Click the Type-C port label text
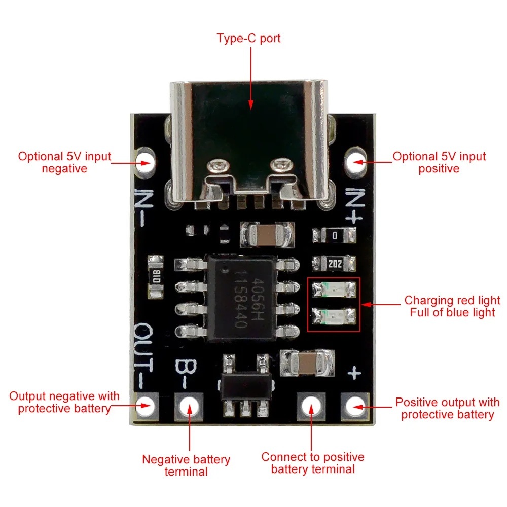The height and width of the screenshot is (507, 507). [x=248, y=38]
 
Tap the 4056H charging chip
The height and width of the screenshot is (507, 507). [x=241, y=298]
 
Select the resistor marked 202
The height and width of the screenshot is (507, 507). [x=334, y=264]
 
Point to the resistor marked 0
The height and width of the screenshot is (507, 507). [x=334, y=235]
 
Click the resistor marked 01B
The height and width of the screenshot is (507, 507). [x=156, y=276]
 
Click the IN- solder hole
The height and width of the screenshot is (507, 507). [x=144, y=162]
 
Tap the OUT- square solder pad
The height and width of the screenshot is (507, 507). [x=147, y=406]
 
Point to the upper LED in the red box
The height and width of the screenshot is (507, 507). [x=334, y=289]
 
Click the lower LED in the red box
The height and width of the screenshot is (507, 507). [x=334, y=316]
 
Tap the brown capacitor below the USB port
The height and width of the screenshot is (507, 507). [x=267, y=234]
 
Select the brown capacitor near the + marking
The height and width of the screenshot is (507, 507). [x=307, y=363]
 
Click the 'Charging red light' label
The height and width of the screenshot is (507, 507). [x=452, y=300]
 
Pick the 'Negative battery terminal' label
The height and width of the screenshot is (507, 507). [x=186, y=465]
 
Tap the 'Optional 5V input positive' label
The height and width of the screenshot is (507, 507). [x=439, y=162]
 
